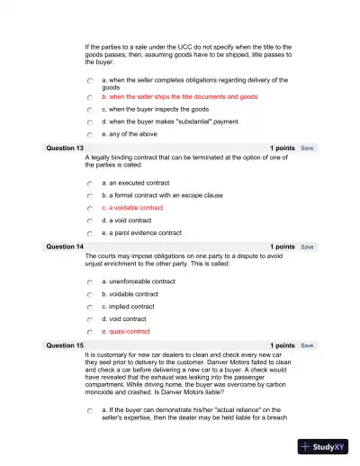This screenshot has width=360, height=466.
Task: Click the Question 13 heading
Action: [x=65, y=148]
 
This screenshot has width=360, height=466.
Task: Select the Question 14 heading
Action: [x=65, y=246]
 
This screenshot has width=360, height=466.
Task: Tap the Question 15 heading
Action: [x=65, y=345]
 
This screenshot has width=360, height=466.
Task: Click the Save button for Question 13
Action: [x=307, y=148]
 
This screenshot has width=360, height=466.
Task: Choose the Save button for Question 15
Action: [x=307, y=345]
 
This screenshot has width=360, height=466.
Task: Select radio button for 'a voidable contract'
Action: [x=90, y=208]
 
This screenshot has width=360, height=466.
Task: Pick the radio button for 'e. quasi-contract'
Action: [x=90, y=331]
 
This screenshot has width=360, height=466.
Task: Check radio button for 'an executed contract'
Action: [x=90, y=184]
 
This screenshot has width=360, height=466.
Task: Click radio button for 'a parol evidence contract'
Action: [x=90, y=232]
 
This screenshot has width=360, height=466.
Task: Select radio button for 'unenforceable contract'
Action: [x=90, y=282]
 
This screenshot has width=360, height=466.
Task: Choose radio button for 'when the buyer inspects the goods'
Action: [x=90, y=109]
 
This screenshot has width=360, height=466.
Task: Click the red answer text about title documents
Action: [x=180, y=96]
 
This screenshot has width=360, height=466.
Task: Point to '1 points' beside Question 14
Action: [x=282, y=246]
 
